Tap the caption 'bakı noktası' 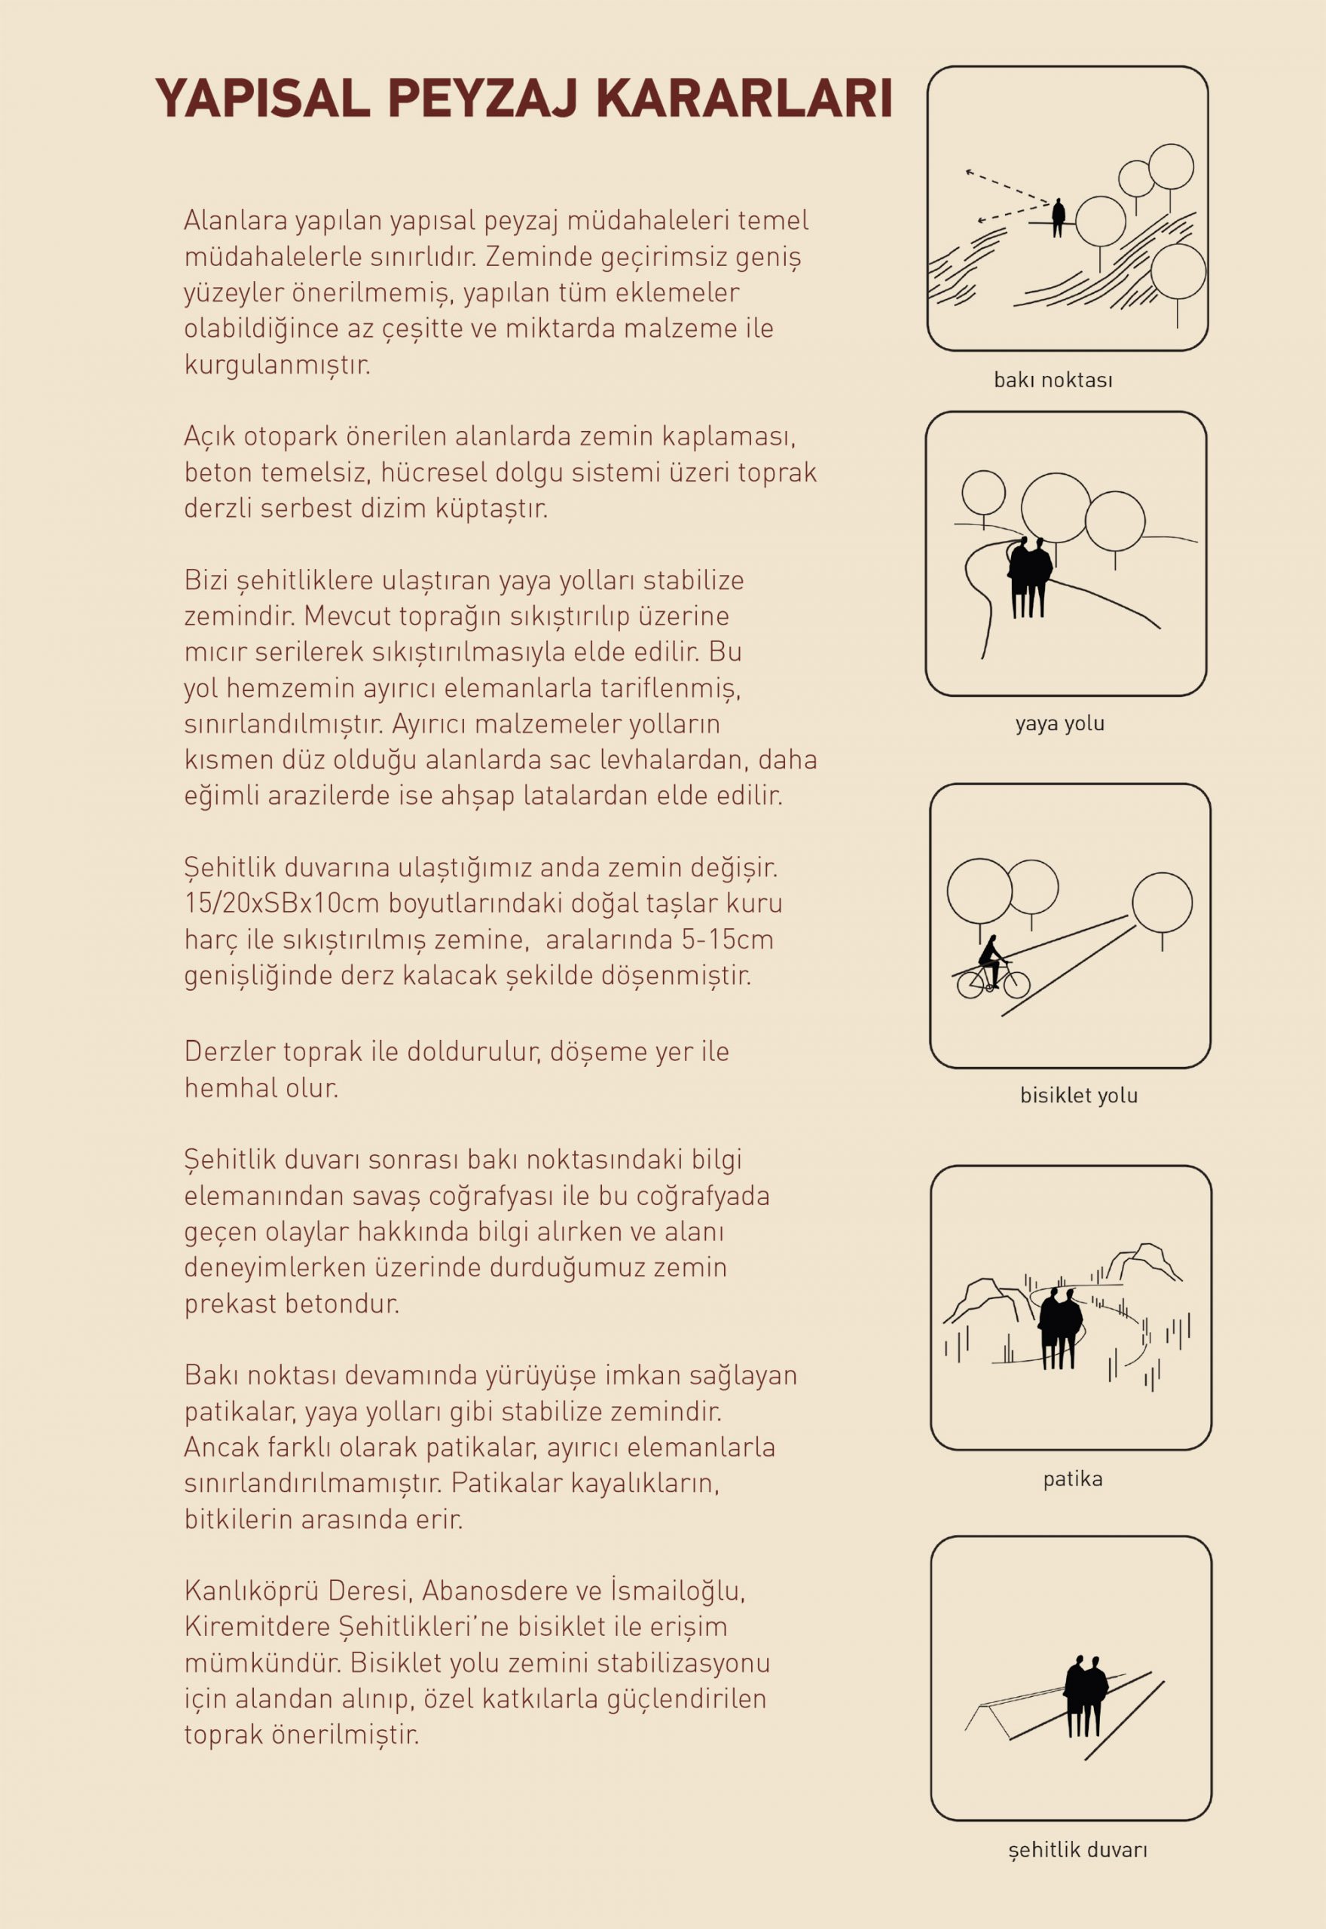(x=1053, y=381)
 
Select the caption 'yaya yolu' (x=1059, y=723)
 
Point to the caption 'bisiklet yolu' (x=1078, y=1096)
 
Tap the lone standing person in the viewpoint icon (x=1059, y=218)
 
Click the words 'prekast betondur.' (x=292, y=1304)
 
